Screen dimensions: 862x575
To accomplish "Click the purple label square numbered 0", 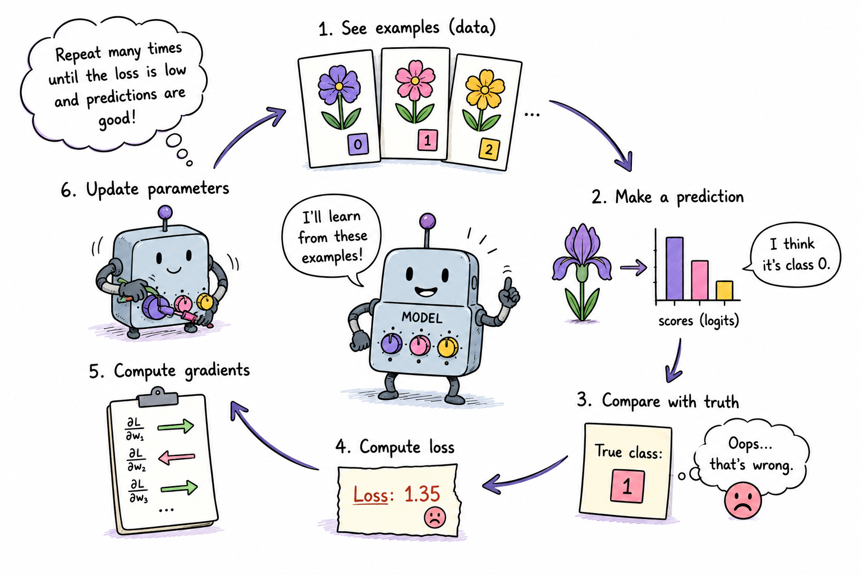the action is [x=358, y=144].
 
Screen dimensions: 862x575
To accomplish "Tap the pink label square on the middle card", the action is [x=428, y=140].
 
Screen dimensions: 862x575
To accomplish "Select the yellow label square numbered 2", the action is [x=489, y=149].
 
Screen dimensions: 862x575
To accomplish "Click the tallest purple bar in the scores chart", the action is [x=675, y=268].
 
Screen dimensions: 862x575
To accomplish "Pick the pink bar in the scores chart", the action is [x=700, y=280].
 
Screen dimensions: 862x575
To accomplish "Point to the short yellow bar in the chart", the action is [x=725, y=290].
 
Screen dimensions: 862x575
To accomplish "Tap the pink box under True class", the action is [x=627, y=486].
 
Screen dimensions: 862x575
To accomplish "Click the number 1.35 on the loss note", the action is [x=422, y=494].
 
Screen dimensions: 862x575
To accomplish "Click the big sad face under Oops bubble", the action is [x=742, y=500].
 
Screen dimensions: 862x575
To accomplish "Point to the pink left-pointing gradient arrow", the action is [x=177, y=458].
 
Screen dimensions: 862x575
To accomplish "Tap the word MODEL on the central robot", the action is [x=422, y=317].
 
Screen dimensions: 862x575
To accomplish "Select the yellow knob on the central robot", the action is [x=447, y=346].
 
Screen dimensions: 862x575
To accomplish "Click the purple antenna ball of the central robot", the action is [x=428, y=221].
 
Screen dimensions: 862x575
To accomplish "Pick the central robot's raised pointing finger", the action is [x=509, y=287].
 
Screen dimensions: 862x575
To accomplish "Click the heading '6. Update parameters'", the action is [x=145, y=189].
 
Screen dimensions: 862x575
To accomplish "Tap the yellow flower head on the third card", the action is [x=485, y=89].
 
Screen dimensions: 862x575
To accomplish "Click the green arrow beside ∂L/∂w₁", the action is [x=176, y=426].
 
